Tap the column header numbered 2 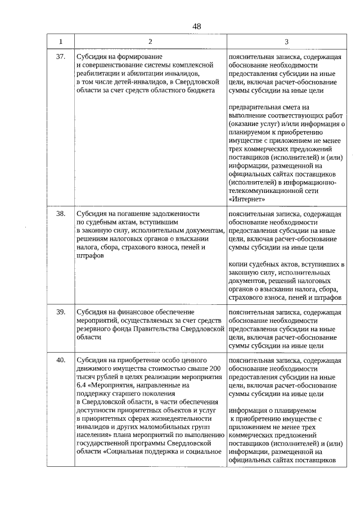click(150, 42)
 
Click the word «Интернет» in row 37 click(247, 199)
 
